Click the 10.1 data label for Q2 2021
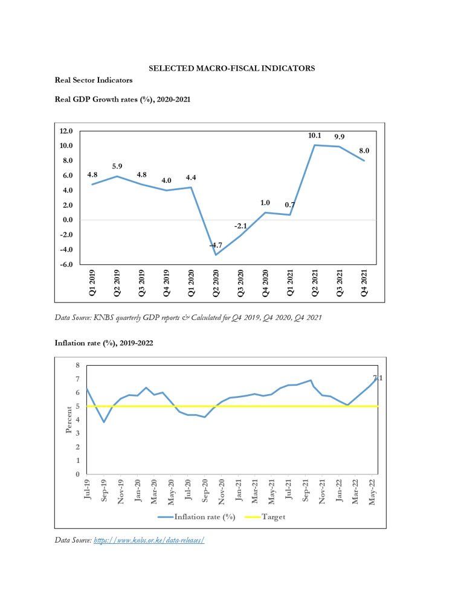(315, 135)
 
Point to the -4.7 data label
(216, 245)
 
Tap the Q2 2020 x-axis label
(216, 283)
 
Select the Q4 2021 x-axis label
(364, 283)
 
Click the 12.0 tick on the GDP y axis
(66, 131)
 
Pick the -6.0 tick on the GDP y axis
(66, 264)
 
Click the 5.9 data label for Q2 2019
(117, 167)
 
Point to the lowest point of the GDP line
(216, 255)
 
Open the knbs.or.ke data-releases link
(149, 540)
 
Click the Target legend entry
(265, 517)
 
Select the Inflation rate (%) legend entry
(196, 517)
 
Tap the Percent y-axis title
(69, 420)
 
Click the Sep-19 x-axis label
(104, 490)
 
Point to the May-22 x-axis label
(372, 492)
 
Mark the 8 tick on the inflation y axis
(78, 365)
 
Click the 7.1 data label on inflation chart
(378, 378)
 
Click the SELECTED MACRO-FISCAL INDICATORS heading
(232, 68)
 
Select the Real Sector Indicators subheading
(94, 80)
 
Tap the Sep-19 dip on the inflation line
(104, 422)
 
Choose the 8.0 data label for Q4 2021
(364, 151)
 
